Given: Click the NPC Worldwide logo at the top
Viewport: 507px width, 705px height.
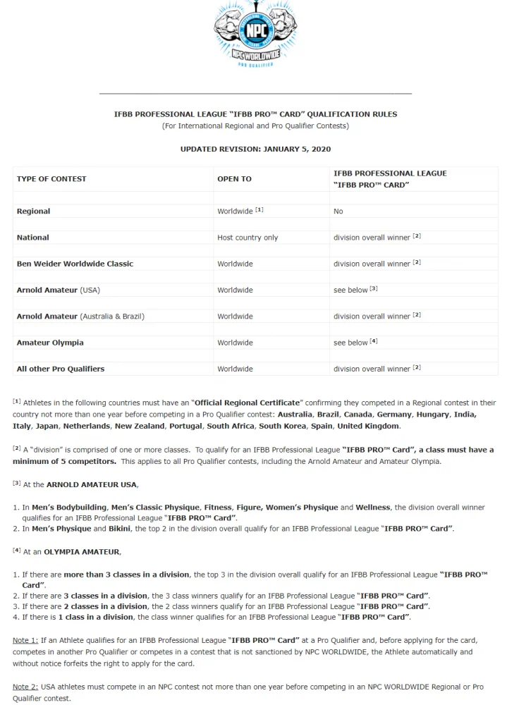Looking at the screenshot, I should (255, 32).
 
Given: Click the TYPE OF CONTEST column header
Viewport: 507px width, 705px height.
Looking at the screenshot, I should (51, 179).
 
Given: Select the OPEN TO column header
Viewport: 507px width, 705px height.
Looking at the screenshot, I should (234, 179).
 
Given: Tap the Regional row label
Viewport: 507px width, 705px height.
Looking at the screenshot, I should (33, 211).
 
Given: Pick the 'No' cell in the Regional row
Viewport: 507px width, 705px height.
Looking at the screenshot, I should (338, 211).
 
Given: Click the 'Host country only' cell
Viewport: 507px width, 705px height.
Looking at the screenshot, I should (248, 238).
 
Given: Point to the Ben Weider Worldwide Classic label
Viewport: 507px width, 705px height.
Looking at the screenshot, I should (75, 264).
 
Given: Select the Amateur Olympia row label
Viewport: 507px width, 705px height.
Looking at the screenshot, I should (50, 343).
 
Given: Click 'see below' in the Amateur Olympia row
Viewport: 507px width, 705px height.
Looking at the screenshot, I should (350, 343).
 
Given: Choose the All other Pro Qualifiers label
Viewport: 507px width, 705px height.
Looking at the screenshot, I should (61, 369).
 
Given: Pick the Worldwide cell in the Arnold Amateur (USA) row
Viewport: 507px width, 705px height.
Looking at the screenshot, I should (235, 290).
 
